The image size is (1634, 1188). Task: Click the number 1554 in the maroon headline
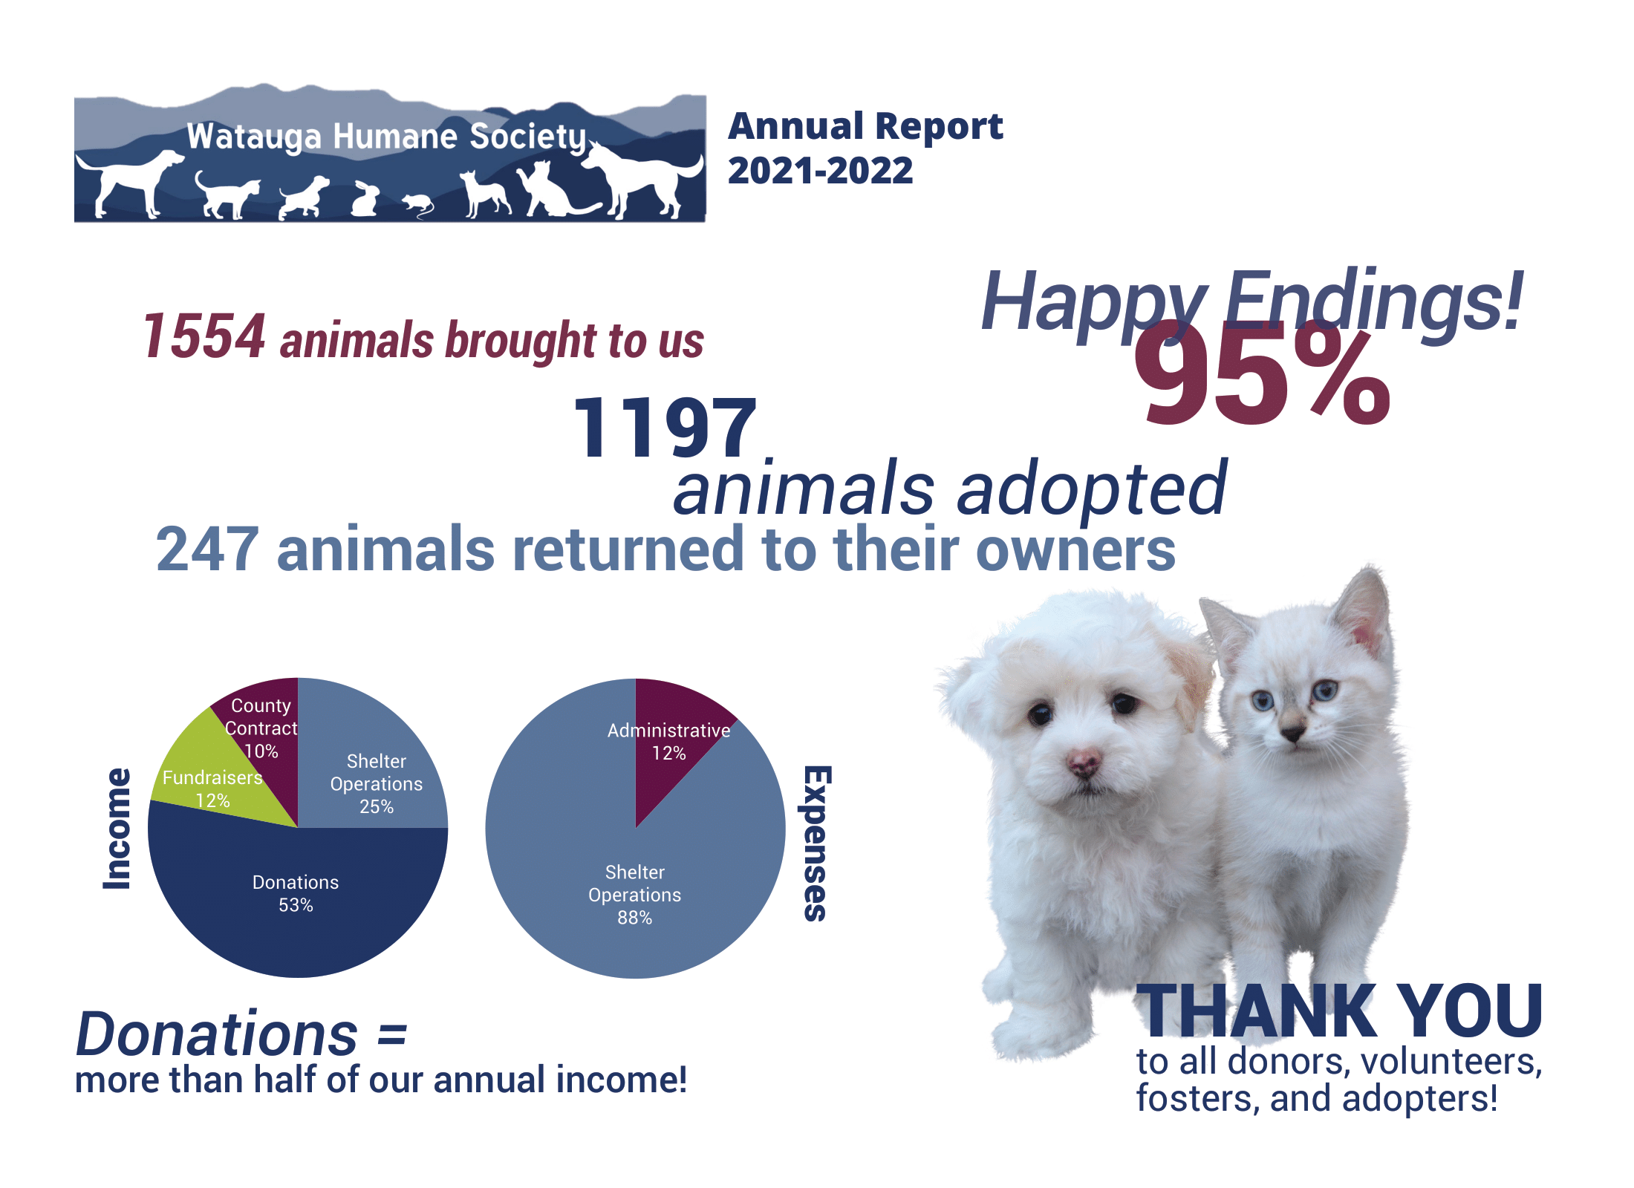pyautogui.click(x=204, y=336)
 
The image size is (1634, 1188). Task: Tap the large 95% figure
pyautogui.click(x=1262, y=376)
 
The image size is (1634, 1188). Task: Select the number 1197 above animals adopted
pyautogui.click(x=665, y=426)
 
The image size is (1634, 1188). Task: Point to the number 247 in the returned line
pyautogui.click(x=207, y=549)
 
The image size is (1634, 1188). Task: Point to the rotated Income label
pyautogui.click(x=117, y=829)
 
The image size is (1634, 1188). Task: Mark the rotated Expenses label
pyautogui.click(x=816, y=843)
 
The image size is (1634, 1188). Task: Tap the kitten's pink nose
pyautogui.click(x=1292, y=734)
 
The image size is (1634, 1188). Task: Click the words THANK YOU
pyautogui.click(x=1340, y=1011)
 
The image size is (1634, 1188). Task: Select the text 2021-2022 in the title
pyautogui.click(x=820, y=171)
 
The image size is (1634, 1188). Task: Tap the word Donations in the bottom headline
pyautogui.click(x=217, y=1034)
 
